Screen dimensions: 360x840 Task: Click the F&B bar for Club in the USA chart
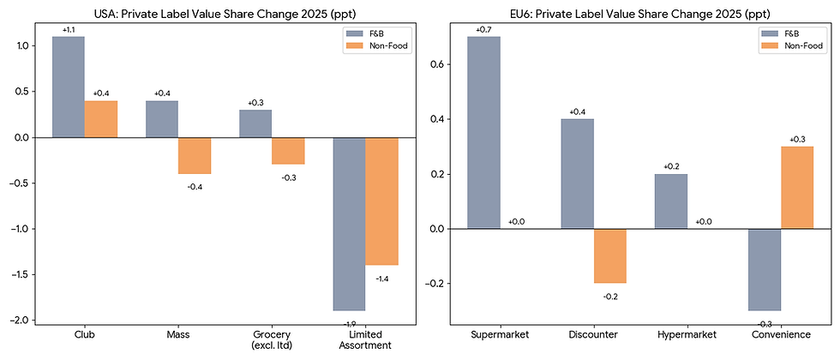pyautogui.click(x=69, y=87)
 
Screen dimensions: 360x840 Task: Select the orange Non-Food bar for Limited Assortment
pyautogui.click(x=381, y=201)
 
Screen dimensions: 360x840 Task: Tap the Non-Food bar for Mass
pyautogui.click(x=195, y=155)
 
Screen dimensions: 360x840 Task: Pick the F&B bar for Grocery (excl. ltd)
pyautogui.click(x=255, y=123)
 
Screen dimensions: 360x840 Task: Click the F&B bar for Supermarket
pyautogui.click(x=483, y=133)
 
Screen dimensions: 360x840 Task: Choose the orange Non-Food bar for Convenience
pyautogui.click(x=796, y=188)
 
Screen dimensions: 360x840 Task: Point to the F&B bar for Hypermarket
pyautogui.click(x=671, y=201)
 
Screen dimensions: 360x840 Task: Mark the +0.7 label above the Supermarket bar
pyautogui.click(x=483, y=30)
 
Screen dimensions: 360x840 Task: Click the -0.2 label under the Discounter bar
pyautogui.click(x=609, y=296)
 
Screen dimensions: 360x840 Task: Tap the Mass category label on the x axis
pyautogui.click(x=178, y=334)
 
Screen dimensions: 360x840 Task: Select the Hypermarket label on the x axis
pyautogui.click(x=687, y=334)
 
